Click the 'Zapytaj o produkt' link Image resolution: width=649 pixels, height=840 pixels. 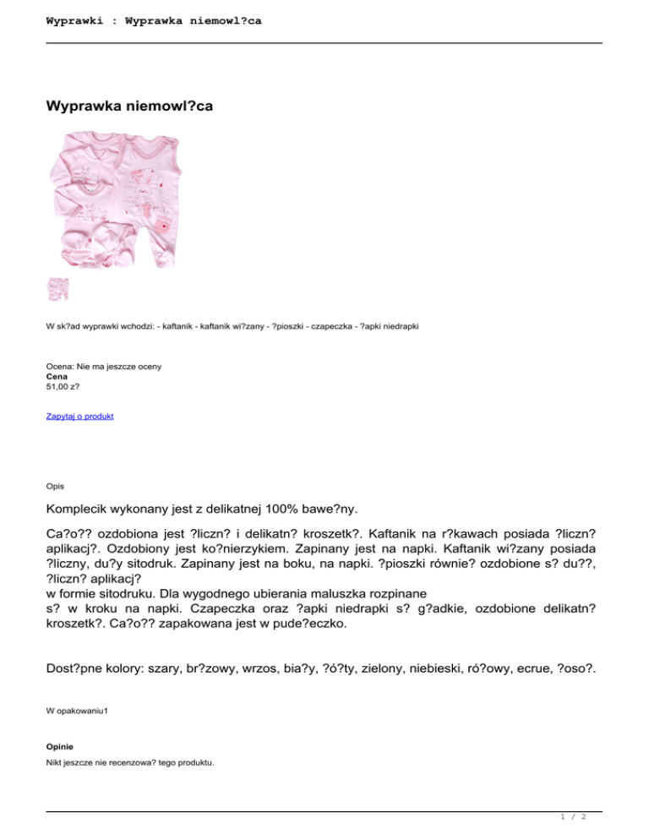coord(80,417)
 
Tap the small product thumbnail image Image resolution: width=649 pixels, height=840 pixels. coord(58,289)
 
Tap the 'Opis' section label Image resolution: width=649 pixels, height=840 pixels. coord(56,486)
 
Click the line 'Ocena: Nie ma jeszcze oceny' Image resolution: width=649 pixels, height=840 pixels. coord(104,367)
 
